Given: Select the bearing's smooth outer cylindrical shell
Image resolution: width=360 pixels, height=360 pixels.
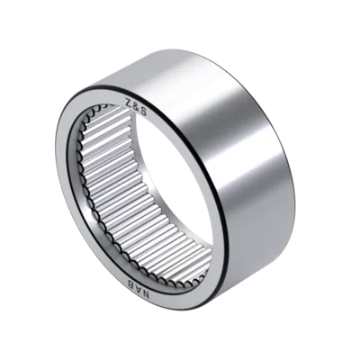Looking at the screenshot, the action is [228, 150].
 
